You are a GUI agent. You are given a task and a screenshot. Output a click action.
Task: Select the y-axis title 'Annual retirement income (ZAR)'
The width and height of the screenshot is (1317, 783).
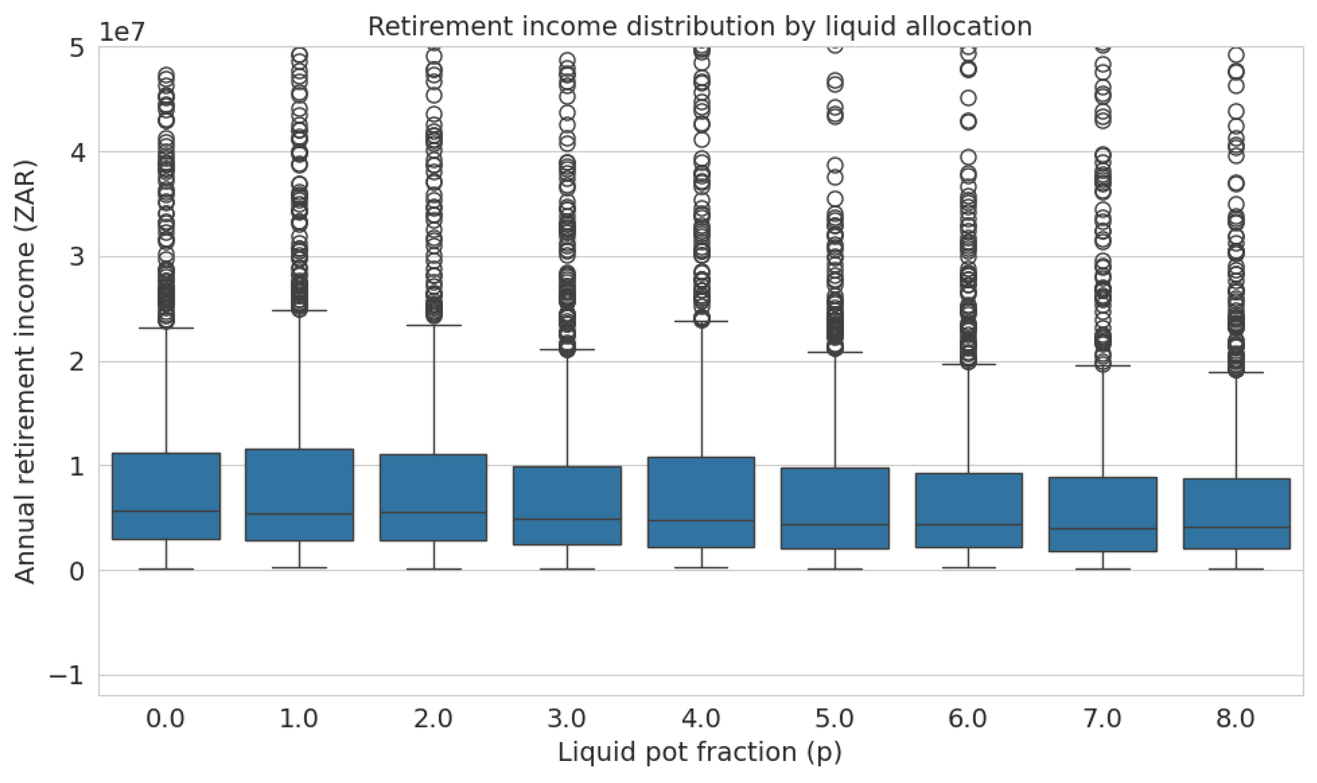(x=25, y=371)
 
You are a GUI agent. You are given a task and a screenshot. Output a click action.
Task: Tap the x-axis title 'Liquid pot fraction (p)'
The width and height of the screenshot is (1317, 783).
(x=699, y=752)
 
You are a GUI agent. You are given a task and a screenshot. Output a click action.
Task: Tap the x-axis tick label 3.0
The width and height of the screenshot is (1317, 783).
(x=566, y=719)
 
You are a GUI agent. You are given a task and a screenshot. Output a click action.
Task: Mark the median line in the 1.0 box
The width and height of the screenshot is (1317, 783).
(x=299, y=514)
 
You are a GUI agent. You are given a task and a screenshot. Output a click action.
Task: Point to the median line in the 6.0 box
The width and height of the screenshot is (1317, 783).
(x=968, y=525)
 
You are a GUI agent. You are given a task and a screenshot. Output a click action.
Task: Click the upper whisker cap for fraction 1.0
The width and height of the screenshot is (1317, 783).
(x=299, y=311)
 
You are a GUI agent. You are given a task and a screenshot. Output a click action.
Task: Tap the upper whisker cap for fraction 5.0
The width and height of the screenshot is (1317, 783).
(x=835, y=352)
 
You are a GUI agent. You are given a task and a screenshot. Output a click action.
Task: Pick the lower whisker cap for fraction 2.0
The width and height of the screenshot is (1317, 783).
(x=434, y=569)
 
